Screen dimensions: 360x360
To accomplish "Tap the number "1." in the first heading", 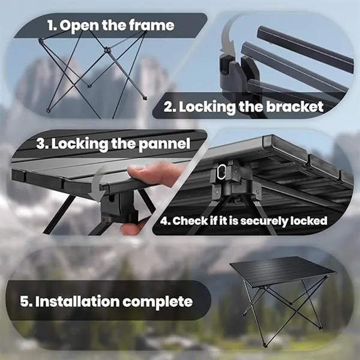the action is [52, 25].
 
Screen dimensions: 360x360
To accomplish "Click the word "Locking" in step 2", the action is [207, 107].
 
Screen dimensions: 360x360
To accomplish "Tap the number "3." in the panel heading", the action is [42, 144].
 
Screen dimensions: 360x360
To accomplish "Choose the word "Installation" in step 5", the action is [77, 301].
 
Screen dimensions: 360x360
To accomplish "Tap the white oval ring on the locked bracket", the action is [221, 172].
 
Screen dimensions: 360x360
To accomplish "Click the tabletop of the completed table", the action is [283, 272].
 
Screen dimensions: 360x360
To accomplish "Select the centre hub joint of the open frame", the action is [106, 50].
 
